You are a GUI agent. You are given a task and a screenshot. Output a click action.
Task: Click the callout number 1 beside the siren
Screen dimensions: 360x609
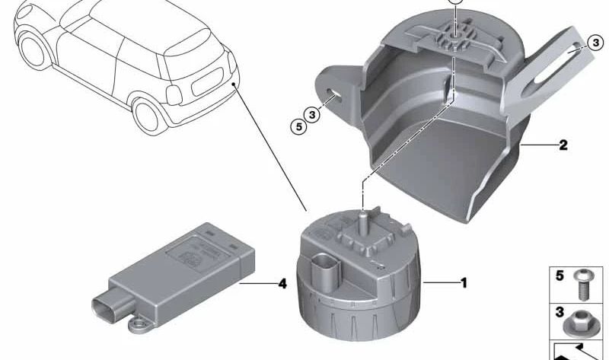462,283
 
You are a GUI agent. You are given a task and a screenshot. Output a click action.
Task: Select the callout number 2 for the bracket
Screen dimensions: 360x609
563,145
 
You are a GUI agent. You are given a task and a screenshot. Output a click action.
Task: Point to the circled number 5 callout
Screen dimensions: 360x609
298,126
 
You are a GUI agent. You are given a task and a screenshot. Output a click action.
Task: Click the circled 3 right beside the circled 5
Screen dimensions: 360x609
311,115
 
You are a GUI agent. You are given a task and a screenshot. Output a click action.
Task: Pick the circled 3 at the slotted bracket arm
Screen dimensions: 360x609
595,44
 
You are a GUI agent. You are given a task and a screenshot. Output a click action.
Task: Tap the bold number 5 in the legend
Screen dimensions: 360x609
560,276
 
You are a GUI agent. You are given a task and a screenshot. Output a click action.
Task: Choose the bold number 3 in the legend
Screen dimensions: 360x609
560,313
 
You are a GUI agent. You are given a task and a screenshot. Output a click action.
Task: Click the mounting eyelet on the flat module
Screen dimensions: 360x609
139,326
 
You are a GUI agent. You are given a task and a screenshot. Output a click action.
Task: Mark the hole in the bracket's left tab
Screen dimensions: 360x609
336,95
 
